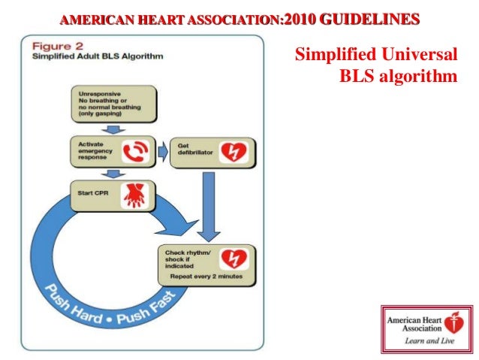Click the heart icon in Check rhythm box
point(233,260)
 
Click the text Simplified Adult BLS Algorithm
point(84,56)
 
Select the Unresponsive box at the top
point(113,103)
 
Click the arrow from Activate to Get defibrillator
point(162,153)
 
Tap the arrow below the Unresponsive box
point(112,129)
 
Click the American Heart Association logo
point(426,328)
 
